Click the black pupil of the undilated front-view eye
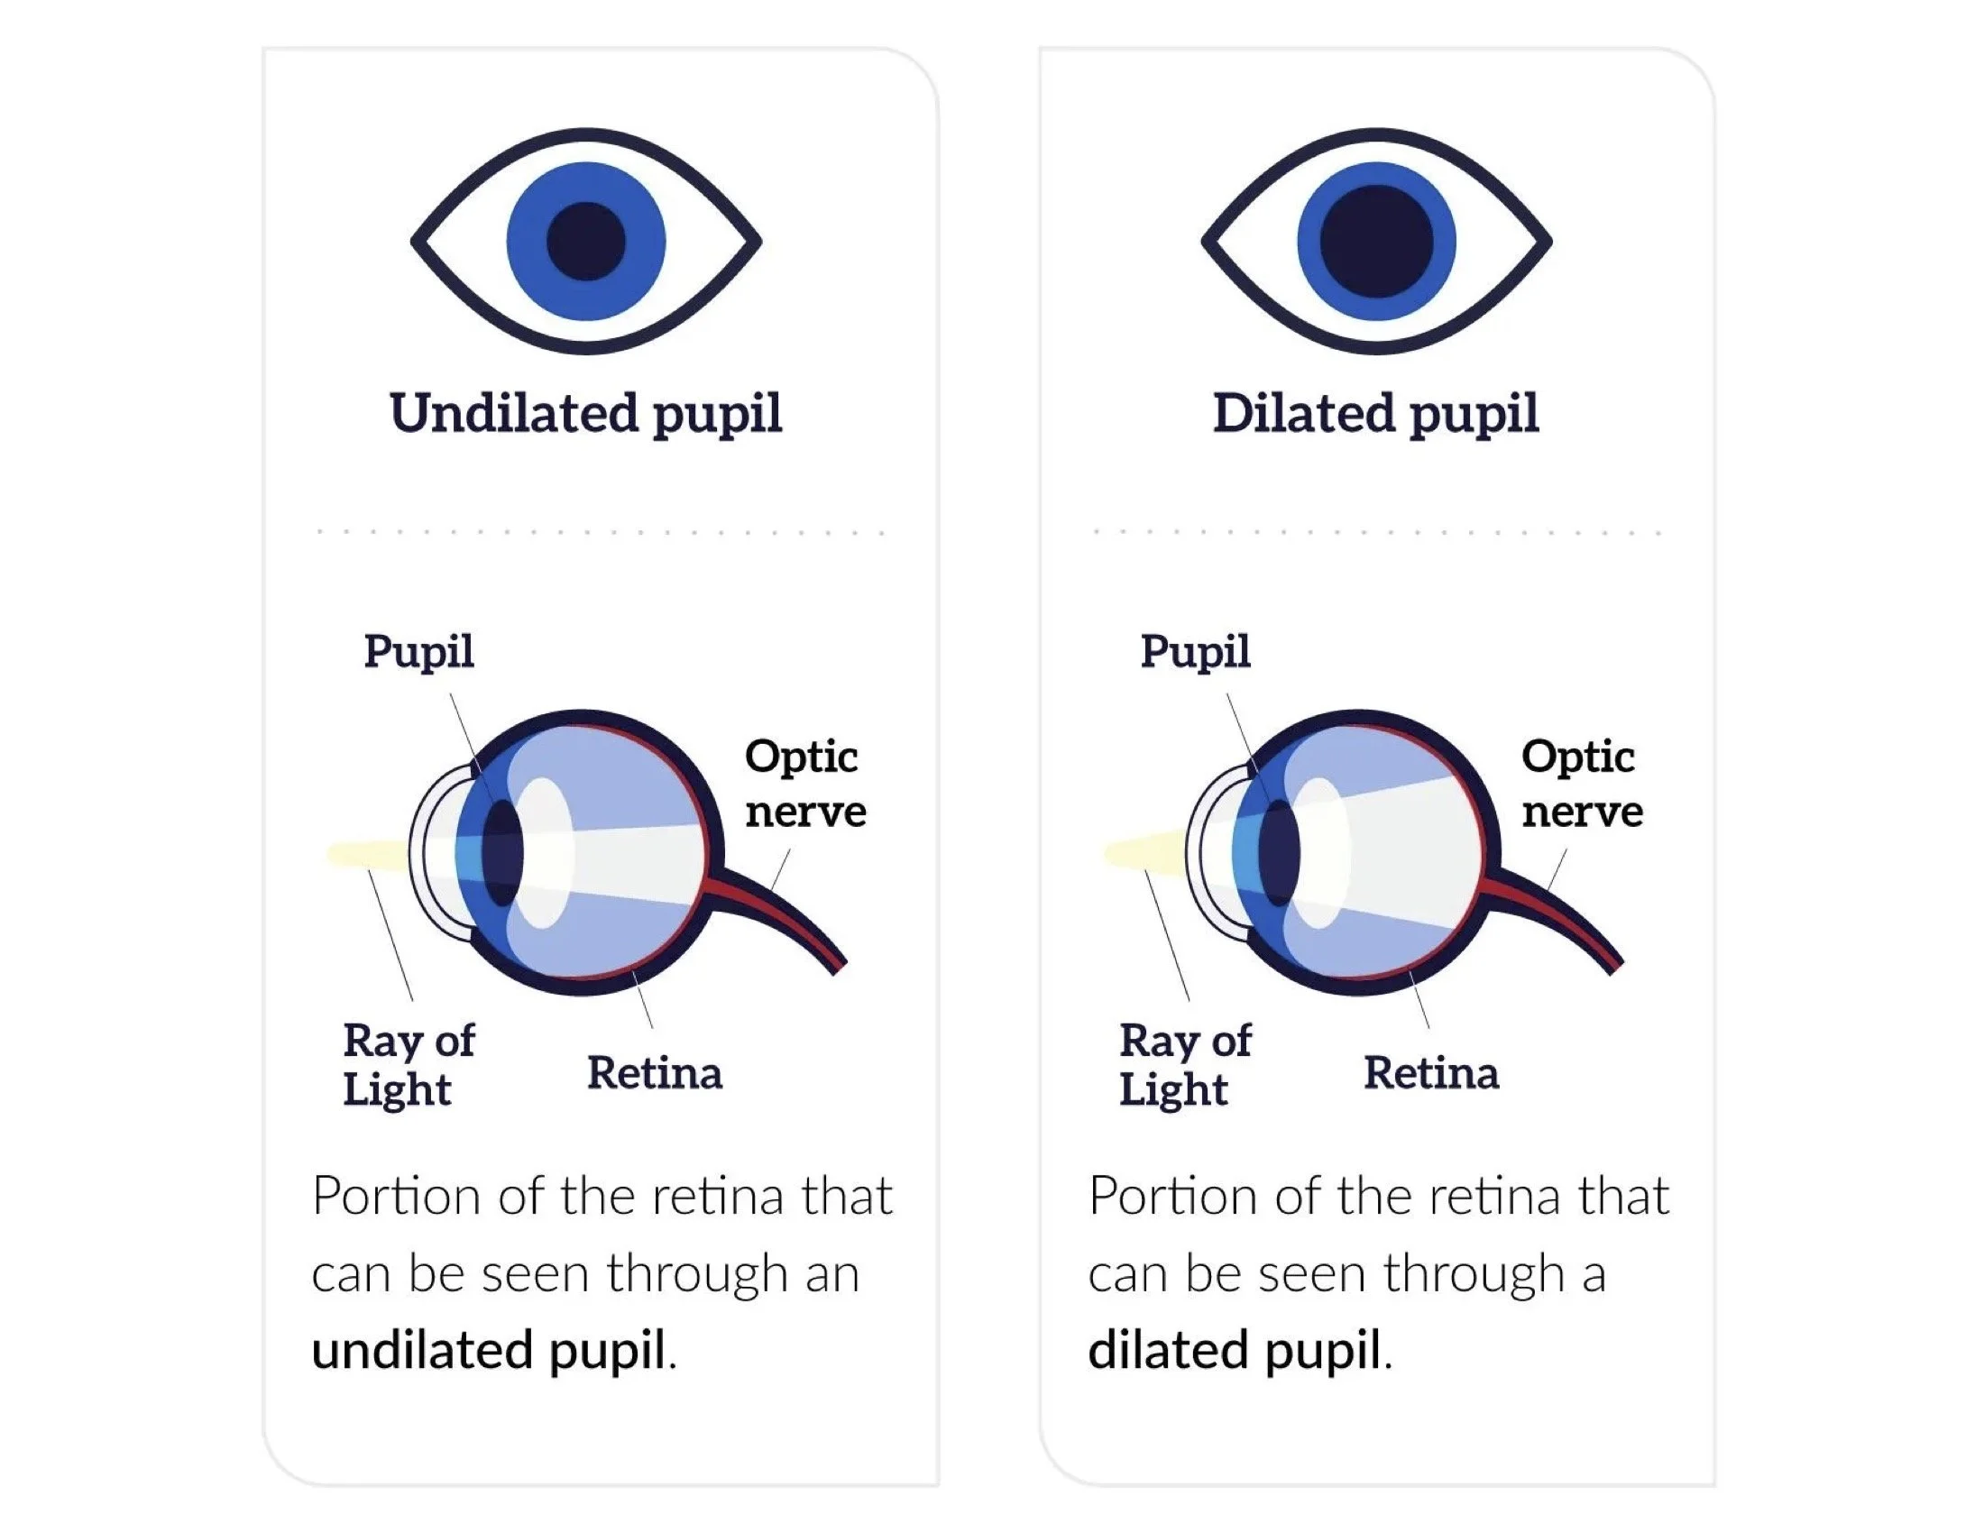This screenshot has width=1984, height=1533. (586, 242)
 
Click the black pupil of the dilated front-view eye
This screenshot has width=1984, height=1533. (1376, 242)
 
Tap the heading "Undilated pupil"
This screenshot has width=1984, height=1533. (586, 414)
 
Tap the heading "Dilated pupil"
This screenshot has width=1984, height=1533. (1375, 414)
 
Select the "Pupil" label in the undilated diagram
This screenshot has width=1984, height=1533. (418, 652)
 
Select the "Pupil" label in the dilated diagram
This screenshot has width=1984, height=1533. (1196, 652)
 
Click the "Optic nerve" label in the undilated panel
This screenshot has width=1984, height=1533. (804, 784)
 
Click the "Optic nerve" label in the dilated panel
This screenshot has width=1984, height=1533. (1582, 784)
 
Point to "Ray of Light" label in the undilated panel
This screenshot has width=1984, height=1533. (408, 1064)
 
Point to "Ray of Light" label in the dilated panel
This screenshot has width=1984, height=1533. (1185, 1064)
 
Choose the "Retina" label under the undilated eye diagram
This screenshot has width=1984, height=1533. (654, 1073)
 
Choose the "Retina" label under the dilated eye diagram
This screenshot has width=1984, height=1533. (1431, 1073)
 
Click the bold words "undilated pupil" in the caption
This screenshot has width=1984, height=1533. (490, 1350)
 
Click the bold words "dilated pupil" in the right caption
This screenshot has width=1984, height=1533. (1235, 1350)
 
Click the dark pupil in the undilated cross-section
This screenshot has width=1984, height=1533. (502, 854)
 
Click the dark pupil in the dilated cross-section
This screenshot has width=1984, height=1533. (1279, 854)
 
